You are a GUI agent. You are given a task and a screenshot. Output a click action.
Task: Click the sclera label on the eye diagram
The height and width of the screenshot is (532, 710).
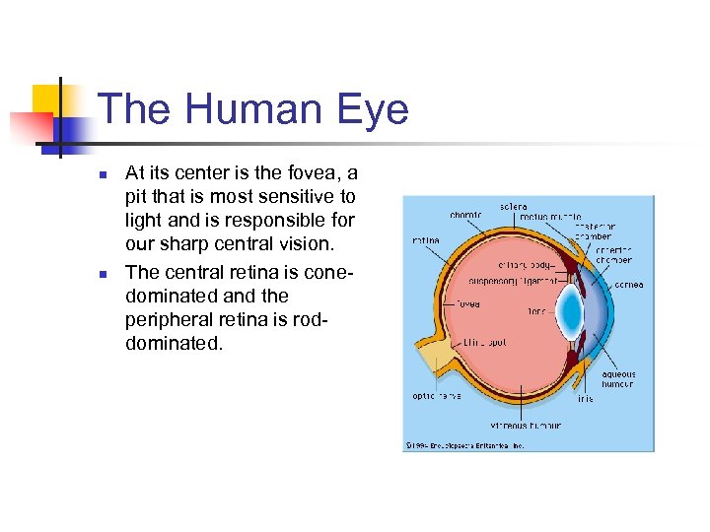(x=513, y=207)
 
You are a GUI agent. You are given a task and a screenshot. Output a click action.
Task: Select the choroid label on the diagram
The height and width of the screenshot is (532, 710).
(x=465, y=215)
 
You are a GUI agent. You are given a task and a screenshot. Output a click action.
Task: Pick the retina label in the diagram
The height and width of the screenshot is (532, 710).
(x=425, y=239)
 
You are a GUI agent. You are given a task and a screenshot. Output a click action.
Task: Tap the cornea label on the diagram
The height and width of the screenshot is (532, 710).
(x=628, y=285)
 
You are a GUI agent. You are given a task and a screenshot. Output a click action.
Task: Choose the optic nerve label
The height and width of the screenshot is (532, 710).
(x=437, y=396)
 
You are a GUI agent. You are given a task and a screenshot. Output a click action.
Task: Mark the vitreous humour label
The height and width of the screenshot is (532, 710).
(x=527, y=426)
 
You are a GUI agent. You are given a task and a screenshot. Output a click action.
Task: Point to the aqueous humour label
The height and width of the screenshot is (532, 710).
(x=618, y=379)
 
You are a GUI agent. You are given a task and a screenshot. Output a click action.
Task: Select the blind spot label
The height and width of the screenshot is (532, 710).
(x=485, y=343)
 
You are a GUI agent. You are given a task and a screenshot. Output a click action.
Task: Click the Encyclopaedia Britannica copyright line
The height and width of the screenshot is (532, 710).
(x=464, y=445)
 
